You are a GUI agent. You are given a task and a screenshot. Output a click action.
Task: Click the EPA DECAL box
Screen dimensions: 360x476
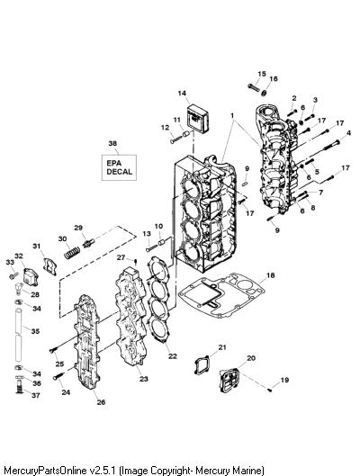119,167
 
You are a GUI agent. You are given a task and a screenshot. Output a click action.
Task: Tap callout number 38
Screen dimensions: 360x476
112,143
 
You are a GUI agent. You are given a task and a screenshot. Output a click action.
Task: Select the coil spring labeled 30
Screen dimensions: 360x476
72,253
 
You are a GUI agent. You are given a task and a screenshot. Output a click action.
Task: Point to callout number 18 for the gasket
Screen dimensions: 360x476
271,275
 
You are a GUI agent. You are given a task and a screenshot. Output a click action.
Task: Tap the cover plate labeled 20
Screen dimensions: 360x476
229,380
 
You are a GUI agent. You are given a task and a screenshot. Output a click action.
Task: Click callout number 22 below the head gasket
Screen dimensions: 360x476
173,356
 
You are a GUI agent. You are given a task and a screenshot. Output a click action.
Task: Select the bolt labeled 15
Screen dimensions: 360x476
254,87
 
